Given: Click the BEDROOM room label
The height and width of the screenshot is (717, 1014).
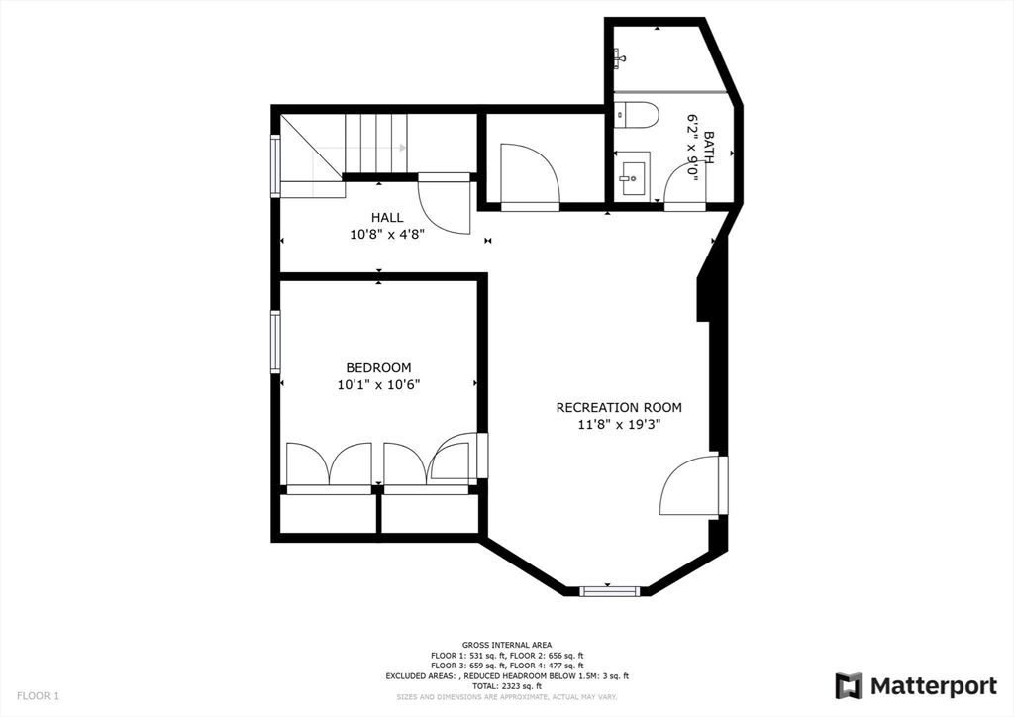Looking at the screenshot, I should coord(378,367).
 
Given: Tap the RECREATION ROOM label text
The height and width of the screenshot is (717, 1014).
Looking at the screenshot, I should coord(619,407).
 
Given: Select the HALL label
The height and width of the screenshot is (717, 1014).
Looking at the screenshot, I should coord(387,217).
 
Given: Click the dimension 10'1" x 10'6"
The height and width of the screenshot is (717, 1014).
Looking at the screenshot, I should coord(378,385).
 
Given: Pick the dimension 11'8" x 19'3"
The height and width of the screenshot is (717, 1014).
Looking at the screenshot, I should coord(619,424).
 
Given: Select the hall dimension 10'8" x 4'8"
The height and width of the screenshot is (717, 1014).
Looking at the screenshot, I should coord(387,235).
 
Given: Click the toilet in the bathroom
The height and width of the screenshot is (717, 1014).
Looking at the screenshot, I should coord(636,116).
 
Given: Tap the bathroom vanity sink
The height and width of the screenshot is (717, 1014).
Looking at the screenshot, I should coord(631,177).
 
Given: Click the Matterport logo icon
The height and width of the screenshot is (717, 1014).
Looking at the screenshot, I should coord(849,686).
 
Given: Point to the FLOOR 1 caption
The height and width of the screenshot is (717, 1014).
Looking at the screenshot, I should coord(38,696).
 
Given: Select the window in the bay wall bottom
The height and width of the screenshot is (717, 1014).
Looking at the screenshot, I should coord(610,591).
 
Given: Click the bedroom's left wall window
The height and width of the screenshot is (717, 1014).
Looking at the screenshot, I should coord(275,342).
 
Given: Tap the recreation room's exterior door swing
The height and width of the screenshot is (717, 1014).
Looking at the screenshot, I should coord(689,486).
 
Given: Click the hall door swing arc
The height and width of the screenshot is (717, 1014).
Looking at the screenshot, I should coord(444,208).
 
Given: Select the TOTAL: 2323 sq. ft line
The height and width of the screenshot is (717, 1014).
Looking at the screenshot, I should coord(507,685).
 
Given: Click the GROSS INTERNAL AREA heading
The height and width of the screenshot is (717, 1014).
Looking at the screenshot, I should coord(507,645).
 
